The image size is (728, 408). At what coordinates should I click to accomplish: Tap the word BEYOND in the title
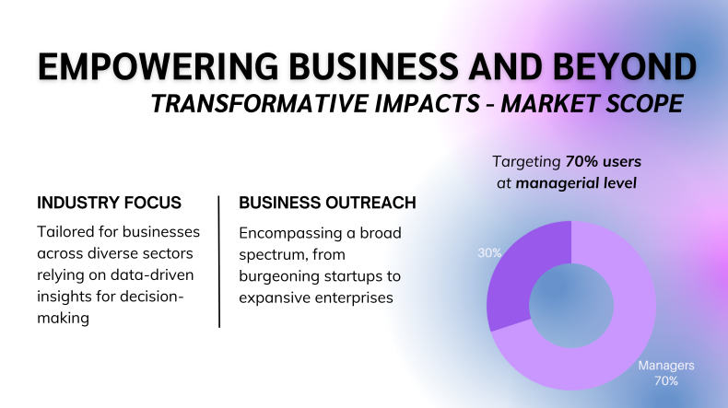pyautogui.click(x=625, y=67)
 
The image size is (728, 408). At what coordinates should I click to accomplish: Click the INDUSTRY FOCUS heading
pyautogui.click(x=109, y=203)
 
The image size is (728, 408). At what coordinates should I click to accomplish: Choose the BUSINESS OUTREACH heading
pyautogui.click(x=327, y=203)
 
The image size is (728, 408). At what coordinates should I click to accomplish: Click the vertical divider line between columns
pyautogui.click(x=218, y=262)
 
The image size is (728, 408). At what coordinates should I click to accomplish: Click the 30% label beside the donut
pyautogui.click(x=490, y=253)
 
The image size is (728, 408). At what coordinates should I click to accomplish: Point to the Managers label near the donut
pyautogui.click(x=666, y=366)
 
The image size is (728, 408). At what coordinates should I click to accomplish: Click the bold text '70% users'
pyautogui.click(x=603, y=161)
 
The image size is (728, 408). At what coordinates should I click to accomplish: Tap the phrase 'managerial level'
pyautogui.click(x=576, y=183)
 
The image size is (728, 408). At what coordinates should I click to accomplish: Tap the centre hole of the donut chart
pyautogui.click(x=571, y=306)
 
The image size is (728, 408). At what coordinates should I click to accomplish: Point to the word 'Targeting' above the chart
pyautogui.click(x=526, y=162)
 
